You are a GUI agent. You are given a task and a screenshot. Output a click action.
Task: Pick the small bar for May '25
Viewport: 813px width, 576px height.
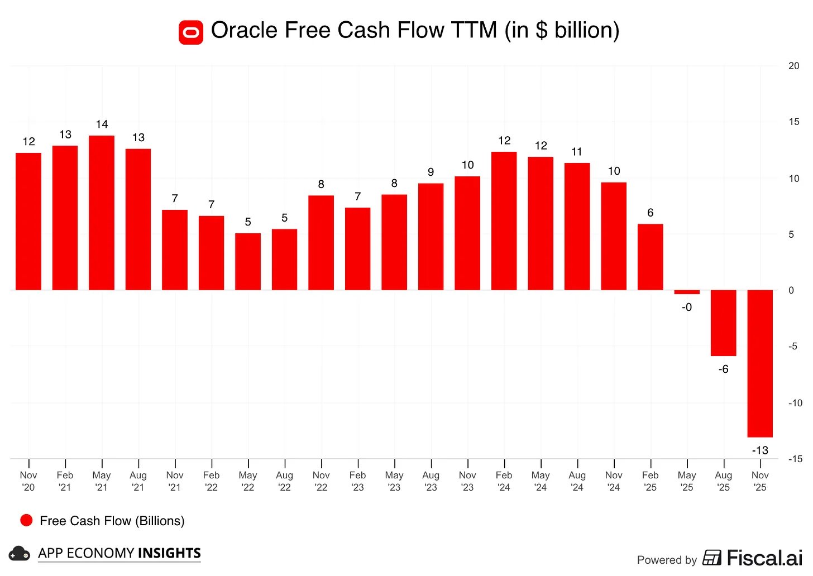coord(687,292)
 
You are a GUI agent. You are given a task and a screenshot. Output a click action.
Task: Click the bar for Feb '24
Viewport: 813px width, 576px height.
coord(504,220)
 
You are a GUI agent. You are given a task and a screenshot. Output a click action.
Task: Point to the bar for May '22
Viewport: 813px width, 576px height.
coord(248,261)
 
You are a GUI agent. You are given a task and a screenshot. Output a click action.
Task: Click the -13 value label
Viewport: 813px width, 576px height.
coord(760,450)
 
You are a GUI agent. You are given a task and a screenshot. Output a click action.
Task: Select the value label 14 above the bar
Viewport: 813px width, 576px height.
coord(102,124)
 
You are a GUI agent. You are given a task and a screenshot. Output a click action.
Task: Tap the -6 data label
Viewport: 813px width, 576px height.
coord(723,369)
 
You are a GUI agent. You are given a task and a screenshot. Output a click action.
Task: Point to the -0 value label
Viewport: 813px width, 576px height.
coord(687,307)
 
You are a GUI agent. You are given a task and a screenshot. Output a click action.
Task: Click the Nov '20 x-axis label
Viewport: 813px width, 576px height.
coord(28,481)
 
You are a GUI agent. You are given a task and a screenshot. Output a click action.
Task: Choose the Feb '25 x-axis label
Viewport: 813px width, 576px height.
coord(651,481)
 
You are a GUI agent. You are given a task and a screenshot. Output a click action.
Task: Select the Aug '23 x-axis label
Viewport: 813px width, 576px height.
coord(431,481)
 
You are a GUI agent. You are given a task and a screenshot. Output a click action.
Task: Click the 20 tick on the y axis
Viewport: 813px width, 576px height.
coord(793,66)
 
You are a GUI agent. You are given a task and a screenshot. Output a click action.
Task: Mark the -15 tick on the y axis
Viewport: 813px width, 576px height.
coord(795,459)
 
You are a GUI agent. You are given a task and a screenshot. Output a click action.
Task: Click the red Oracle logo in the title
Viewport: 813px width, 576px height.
coord(191,32)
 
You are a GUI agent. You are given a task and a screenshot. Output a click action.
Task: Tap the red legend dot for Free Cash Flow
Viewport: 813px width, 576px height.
coord(26,520)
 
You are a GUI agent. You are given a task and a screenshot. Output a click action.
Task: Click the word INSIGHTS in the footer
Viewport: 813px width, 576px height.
coord(169,553)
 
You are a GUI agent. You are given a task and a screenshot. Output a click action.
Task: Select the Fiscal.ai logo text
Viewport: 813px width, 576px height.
coord(764,558)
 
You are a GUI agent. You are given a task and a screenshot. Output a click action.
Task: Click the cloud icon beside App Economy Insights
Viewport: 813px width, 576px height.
coord(20,554)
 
